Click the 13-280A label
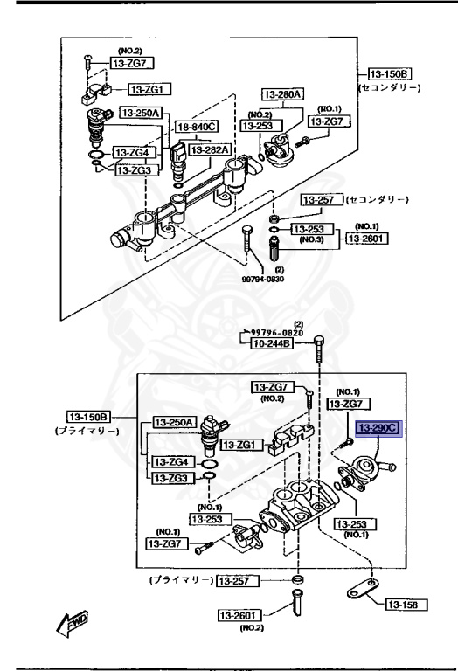[282, 94]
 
